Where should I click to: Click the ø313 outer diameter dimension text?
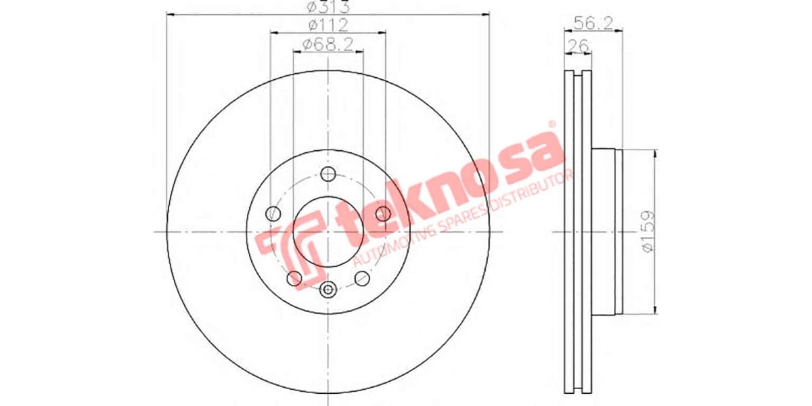[328, 7]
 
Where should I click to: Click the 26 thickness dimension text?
[578, 45]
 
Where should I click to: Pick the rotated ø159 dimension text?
[648, 232]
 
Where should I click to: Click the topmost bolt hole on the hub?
[328, 173]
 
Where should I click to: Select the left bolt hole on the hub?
[273, 213]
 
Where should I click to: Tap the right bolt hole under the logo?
[383, 214]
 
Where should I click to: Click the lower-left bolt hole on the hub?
[294, 277]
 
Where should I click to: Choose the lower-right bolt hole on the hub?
[362, 277]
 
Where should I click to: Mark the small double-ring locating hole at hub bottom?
[328, 290]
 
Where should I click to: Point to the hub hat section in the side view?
[606, 232]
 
